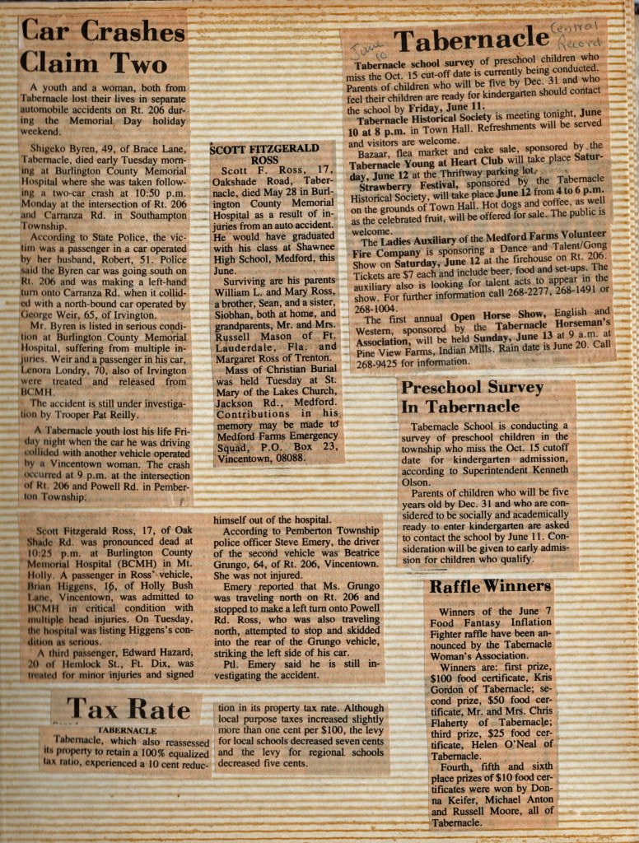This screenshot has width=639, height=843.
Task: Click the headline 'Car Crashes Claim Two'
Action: (x=102, y=48)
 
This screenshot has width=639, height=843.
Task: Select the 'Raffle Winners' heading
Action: (x=489, y=586)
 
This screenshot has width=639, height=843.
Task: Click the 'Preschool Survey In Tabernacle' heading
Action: (x=472, y=396)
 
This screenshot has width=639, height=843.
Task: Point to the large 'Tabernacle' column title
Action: (x=470, y=39)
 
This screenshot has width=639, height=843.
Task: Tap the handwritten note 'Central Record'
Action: (x=581, y=31)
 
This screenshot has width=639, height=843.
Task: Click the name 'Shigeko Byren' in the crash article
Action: (x=63, y=149)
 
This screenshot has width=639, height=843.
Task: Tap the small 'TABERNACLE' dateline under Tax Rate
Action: (x=128, y=730)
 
